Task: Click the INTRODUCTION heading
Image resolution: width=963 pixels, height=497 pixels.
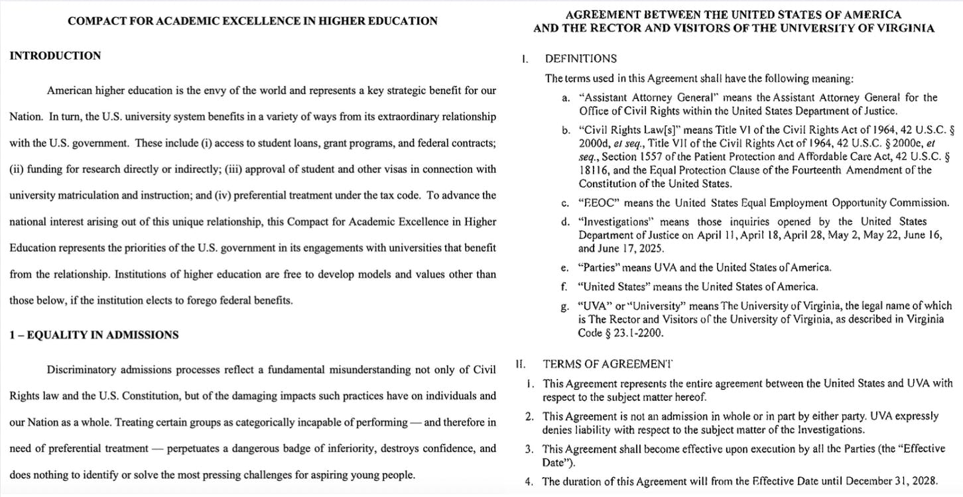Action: (x=55, y=56)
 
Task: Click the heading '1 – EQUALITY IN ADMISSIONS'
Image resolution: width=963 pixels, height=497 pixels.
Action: (x=94, y=335)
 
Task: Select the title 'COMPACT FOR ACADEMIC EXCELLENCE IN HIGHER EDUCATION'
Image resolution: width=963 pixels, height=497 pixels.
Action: (x=252, y=21)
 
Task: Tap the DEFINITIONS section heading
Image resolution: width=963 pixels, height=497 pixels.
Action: (x=580, y=58)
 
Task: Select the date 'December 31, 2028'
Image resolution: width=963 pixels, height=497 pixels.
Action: (x=915, y=482)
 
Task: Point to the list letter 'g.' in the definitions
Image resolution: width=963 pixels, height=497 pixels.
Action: (x=565, y=307)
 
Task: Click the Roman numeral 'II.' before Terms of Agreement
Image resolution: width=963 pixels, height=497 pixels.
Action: (x=521, y=364)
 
